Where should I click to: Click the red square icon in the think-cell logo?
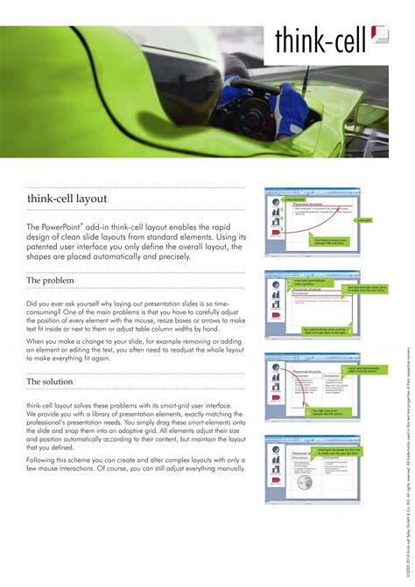[381, 34]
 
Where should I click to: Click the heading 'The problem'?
[50, 280]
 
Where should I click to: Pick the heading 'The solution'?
[50, 381]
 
